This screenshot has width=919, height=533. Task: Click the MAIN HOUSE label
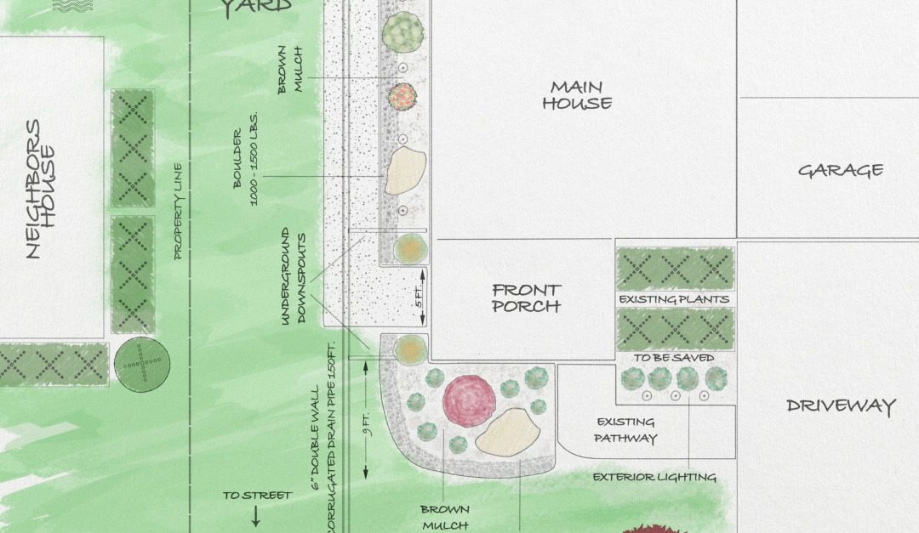pyautogui.click(x=577, y=95)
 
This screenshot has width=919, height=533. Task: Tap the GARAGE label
pyautogui.click(x=840, y=170)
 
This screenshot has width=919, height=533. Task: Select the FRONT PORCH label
pyautogui.click(x=527, y=298)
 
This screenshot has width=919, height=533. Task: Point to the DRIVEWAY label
pyautogui.click(x=841, y=405)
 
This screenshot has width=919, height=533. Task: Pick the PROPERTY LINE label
pyautogui.click(x=179, y=211)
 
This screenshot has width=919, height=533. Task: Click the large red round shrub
pyautogui.click(x=468, y=400)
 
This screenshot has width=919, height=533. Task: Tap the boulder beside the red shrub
pyautogui.click(x=509, y=431)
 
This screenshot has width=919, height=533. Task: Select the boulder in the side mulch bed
pyautogui.click(x=405, y=171)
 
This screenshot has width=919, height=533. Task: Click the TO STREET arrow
pyautogui.click(x=256, y=515)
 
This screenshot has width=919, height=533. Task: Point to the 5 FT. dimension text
pyautogui.click(x=419, y=298)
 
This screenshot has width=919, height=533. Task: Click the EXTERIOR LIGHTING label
pyautogui.click(x=654, y=477)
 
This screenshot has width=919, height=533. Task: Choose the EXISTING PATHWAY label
pyautogui.click(x=625, y=430)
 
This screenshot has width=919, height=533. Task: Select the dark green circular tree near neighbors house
pyautogui.click(x=141, y=365)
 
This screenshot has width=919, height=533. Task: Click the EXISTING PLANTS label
pyautogui.click(x=674, y=299)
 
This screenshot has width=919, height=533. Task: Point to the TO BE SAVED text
pyautogui.click(x=674, y=358)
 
